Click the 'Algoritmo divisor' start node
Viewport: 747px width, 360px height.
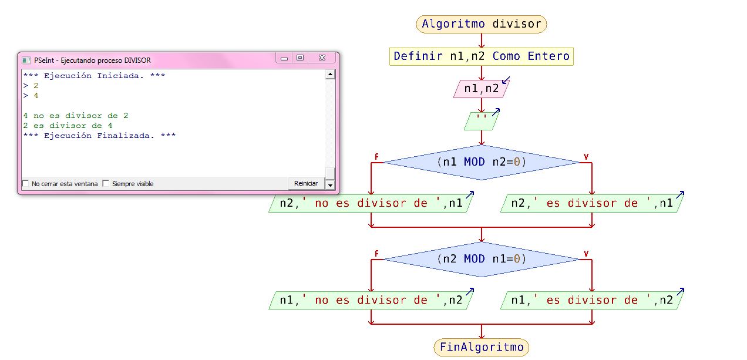tap(482, 24)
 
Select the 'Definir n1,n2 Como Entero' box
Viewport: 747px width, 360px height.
tap(482, 56)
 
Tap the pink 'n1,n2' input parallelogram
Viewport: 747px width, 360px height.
tap(482, 89)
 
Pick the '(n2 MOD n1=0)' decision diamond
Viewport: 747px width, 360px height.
tap(482, 259)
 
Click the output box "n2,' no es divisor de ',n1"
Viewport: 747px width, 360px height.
tap(371, 203)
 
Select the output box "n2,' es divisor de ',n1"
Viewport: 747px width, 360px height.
tap(592, 203)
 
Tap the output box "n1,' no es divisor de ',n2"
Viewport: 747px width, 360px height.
tap(371, 300)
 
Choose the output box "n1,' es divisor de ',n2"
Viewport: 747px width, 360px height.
tap(592, 300)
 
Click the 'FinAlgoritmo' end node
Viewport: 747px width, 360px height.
tap(482, 347)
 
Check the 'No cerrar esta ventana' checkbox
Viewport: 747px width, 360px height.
tap(26, 184)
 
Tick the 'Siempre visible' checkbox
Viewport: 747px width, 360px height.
tap(106, 184)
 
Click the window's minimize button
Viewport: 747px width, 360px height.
tap(284, 58)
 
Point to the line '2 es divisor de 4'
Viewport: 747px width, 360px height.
tap(68, 126)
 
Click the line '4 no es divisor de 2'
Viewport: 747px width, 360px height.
tap(76, 116)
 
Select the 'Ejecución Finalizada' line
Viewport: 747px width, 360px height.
tap(100, 136)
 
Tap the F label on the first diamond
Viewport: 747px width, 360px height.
tap(376, 157)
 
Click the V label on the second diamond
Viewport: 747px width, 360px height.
tap(586, 254)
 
